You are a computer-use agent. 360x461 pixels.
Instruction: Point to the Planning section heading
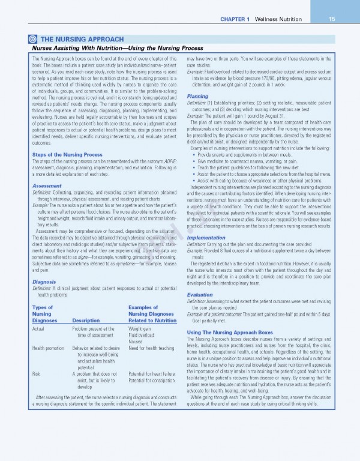coord(197,96)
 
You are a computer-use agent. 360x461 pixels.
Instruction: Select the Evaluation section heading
coord(200,295)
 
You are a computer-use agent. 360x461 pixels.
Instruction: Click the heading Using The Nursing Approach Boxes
coord(230,332)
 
